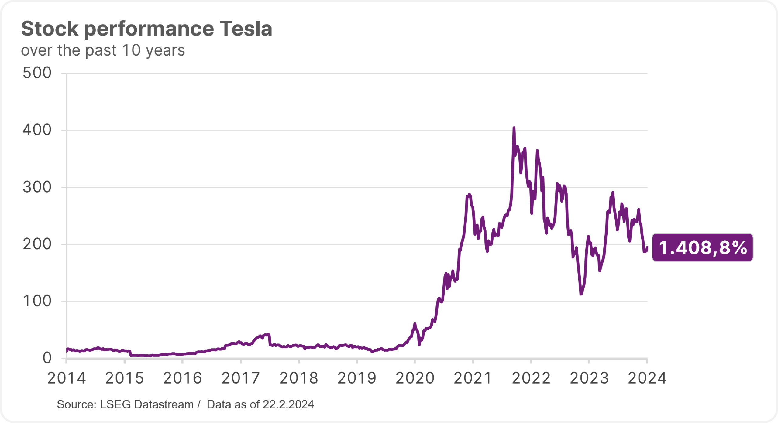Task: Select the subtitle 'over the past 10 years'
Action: tap(103, 50)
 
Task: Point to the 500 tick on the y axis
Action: tap(37, 73)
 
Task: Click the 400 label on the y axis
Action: tap(37, 130)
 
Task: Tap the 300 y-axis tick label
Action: tap(37, 187)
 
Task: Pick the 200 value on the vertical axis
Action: tap(37, 244)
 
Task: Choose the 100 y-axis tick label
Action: tap(37, 302)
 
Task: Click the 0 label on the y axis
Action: tap(47, 358)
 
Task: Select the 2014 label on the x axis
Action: tap(67, 378)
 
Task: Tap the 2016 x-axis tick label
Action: tap(183, 378)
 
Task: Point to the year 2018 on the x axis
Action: tap(299, 378)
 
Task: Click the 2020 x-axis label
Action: tap(415, 378)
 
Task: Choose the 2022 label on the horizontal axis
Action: tap(531, 378)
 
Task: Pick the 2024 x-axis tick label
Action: tap(647, 378)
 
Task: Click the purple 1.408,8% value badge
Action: tap(702, 247)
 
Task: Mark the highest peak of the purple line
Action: tap(514, 128)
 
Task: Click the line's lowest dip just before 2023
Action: tap(581, 294)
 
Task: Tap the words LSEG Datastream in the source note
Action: tap(147, 405)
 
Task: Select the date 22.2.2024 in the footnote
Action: tap(288, 405)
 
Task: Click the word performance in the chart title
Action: tap(149, 29)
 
